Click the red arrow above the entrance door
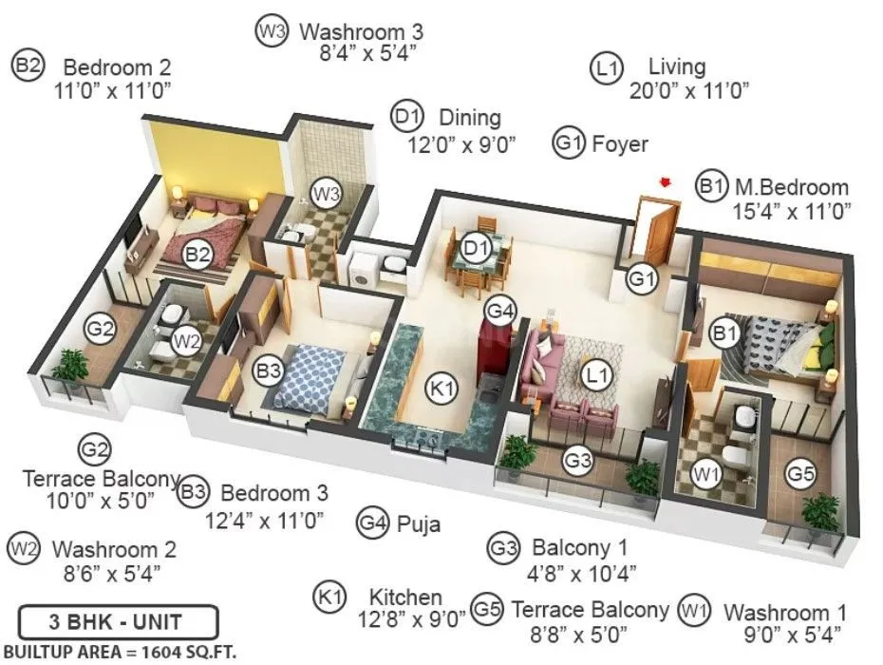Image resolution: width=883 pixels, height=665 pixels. [667, 180]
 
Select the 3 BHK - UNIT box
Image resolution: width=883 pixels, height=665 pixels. [119, 623]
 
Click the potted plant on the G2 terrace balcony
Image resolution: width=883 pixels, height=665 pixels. [68, 367]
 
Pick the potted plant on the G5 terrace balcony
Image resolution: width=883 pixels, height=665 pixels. [819, 513]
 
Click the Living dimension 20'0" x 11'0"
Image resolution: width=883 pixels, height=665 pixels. [689, 91]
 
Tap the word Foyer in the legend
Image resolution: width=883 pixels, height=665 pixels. [619, 144]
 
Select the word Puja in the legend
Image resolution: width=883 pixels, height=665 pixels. [419, 522]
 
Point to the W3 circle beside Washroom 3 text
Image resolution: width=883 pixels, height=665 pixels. [271, 31]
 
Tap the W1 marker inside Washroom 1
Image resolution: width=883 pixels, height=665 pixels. [705, 472]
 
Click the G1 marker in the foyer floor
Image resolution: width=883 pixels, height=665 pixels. [643, 279]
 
